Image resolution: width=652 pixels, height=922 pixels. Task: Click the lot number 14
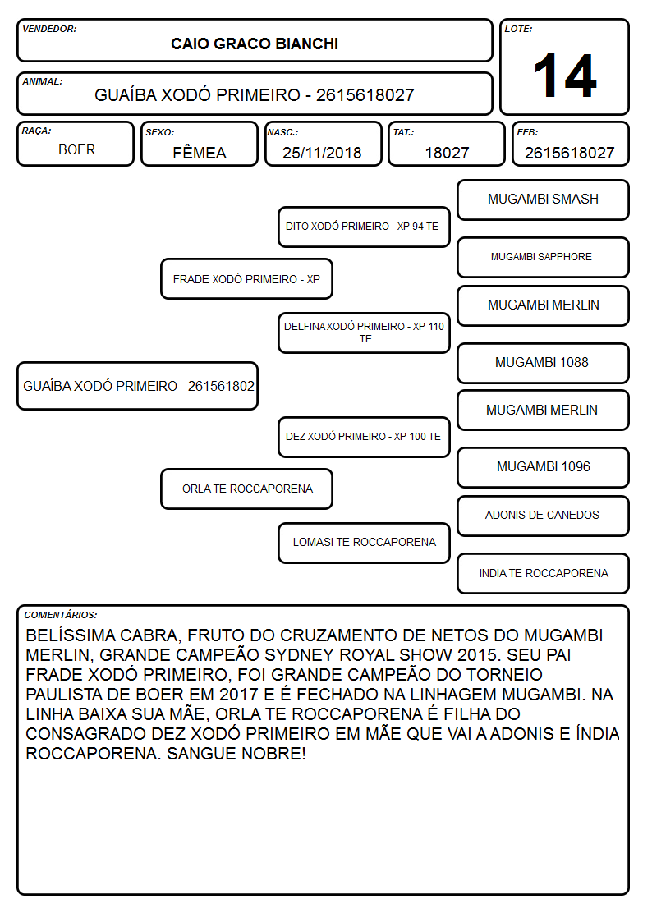[565, 76]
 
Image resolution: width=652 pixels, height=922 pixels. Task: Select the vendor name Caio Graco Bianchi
[255, 44]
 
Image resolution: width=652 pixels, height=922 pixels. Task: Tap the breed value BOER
[76, 150]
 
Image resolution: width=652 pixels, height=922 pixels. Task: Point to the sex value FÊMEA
[200, 152]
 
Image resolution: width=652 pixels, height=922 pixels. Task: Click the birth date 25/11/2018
[322, 153]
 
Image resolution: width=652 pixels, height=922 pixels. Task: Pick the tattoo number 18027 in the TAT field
[447, 153]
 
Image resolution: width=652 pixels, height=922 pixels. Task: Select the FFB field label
[527, 132]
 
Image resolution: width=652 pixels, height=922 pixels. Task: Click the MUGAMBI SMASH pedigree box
[544, 200]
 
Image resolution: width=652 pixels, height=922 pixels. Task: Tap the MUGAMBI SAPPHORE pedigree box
[544, 257]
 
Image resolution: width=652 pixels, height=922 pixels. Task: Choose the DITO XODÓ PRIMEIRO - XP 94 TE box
[364, 227]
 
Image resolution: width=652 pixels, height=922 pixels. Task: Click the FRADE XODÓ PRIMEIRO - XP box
[247, 278]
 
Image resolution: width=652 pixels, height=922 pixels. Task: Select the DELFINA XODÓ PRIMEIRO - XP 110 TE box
[364, 333]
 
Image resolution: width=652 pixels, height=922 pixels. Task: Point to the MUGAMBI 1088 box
[544, 363]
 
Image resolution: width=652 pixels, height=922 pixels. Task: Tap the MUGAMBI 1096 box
[544, 467]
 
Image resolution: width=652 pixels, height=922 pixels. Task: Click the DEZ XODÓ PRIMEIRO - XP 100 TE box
[364, 437]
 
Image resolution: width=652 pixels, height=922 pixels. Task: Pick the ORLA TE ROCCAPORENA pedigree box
[247, 489]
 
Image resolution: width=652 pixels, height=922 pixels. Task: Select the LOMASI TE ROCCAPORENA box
[364, 543]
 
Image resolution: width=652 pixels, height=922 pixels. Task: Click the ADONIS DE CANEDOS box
[544, 516]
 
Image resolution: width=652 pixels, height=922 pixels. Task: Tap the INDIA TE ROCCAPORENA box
[544, 573]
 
